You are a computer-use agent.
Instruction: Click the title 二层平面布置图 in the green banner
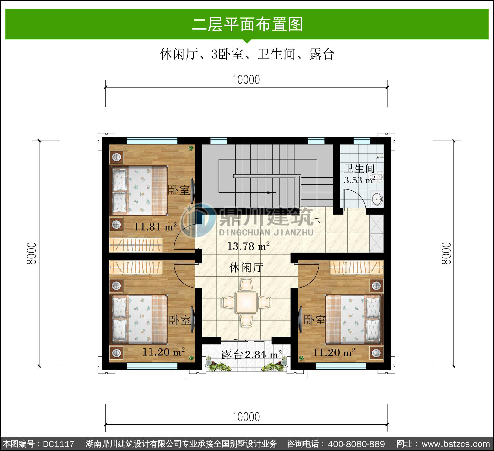247,24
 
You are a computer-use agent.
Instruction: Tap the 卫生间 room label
359,169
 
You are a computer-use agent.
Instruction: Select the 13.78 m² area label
248,246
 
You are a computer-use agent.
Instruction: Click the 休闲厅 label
246,268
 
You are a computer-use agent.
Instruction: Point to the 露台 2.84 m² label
251,354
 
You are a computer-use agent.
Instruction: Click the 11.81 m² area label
155,226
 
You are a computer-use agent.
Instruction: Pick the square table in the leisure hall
246,302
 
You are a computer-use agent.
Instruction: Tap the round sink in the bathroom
377,199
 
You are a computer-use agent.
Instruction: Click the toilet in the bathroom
377,177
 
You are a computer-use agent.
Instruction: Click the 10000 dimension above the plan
246,80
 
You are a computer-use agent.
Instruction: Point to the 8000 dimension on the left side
32,253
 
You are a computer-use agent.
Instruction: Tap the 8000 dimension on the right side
446,253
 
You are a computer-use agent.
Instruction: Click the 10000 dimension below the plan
246,417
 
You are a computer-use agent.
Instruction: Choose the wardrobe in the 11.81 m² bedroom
136,245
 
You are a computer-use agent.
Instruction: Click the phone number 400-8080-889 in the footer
356,444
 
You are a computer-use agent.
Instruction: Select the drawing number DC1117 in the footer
59,444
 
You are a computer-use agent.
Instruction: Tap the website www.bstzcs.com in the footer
456,444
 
